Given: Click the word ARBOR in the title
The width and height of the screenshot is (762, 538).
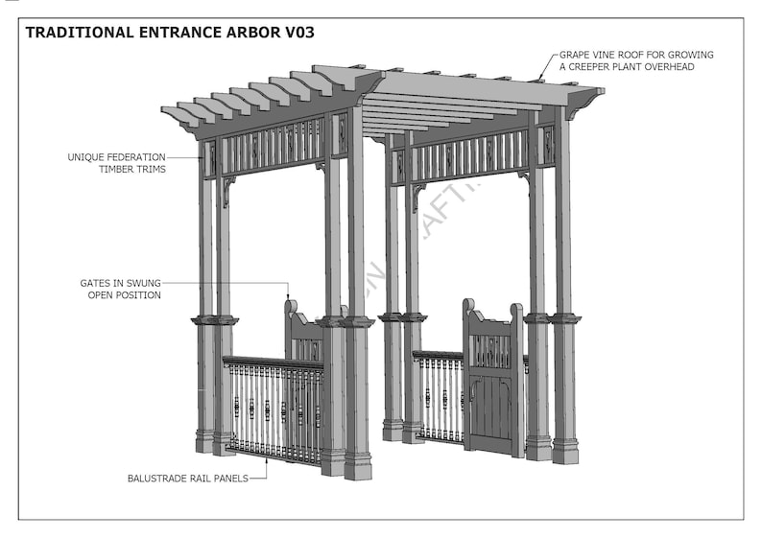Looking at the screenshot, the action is pyautogui.click(x=244, y=32).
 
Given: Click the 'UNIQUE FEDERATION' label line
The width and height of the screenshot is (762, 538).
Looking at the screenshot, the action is pyautogui.click(x=116, y=156).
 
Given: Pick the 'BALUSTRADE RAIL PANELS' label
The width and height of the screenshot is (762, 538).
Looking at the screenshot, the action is pyautogui.click(x=187, y=477).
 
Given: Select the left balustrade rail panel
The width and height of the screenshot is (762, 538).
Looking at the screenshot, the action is pyautogui.click(x=273, y=408).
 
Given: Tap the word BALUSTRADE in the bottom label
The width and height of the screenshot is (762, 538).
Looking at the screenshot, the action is pyautogui.click(x=158, y=477).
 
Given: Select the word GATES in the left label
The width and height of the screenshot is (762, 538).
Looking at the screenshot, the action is pyautogui.click(x=96, y=284).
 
